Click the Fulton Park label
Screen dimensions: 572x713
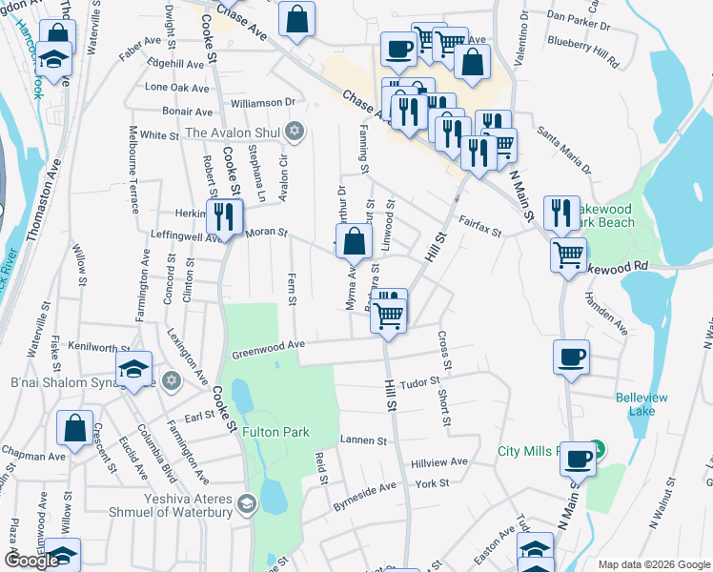(x=275, y=432)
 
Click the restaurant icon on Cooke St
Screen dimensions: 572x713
(x=223, y=216)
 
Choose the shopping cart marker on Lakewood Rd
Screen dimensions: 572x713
(x=569, y=255)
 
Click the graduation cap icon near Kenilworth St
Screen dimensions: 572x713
(x=134, y=369)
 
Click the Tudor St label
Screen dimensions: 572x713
(x=419, y=382)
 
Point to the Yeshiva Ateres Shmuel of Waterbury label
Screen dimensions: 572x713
(x=176, y=503)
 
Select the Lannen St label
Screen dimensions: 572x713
(x=363, y=441)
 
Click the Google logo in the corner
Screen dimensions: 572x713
(x=31, y=561)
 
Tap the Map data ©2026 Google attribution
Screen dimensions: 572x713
(x=653, y=564)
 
